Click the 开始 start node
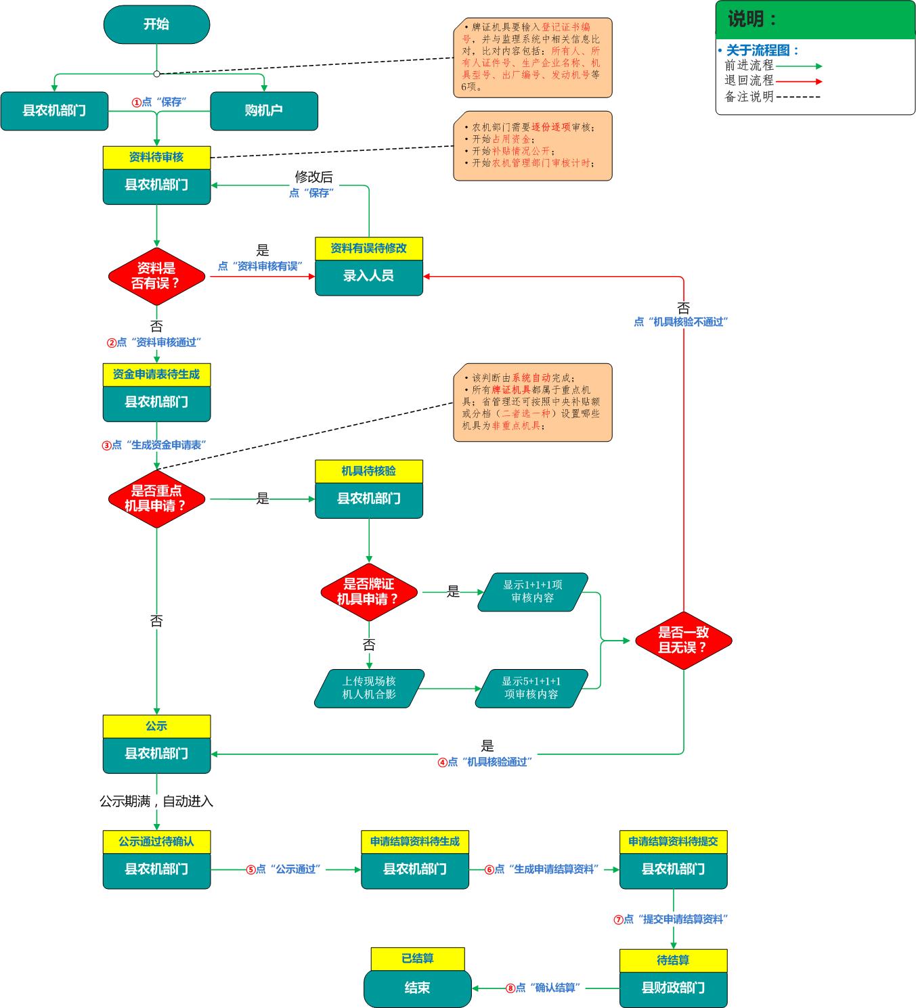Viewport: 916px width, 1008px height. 156,24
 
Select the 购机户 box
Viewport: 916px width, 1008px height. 264,110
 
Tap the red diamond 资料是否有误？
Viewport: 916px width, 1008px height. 156,276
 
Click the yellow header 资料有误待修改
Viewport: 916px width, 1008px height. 369,248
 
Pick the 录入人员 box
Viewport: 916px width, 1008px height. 369,276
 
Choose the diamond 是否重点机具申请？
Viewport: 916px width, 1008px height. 156,499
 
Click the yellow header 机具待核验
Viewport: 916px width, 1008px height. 369,472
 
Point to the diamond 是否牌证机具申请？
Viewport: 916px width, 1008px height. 369,592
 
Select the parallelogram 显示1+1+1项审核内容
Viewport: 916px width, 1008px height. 533,592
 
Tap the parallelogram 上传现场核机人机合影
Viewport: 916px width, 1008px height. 369,688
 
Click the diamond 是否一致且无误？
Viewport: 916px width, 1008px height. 683,640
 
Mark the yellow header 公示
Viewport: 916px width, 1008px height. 156,726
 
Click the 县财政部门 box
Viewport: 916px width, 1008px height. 673,988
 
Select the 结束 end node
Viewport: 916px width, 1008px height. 417,988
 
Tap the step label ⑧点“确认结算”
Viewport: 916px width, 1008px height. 545,988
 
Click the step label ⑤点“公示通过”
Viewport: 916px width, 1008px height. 285,869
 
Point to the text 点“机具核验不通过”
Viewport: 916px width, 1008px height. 680,322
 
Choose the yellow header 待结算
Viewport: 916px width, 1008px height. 673,960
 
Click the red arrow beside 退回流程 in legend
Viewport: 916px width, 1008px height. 799,81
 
